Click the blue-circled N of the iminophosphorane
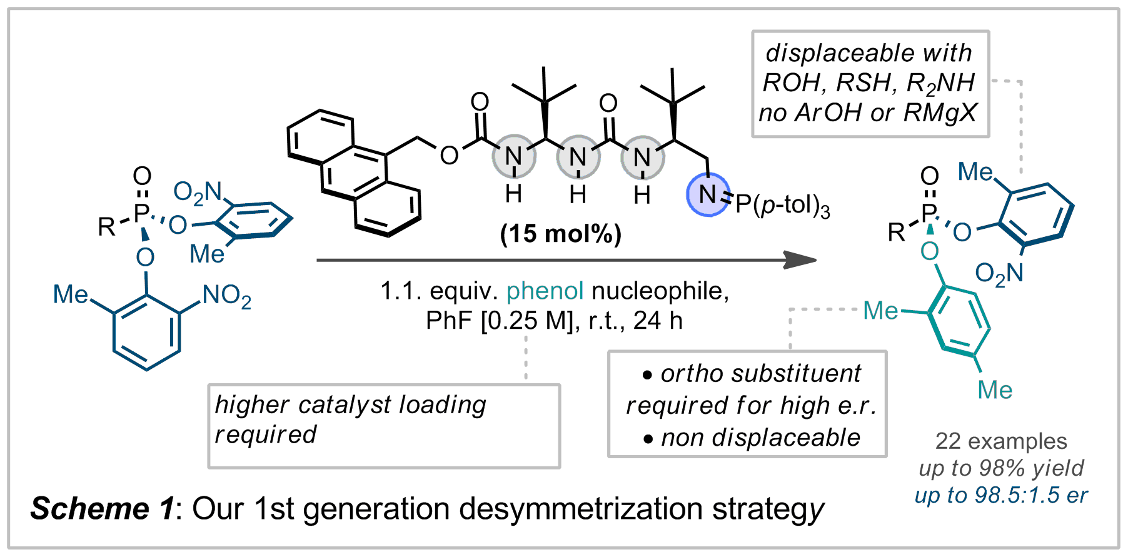coord(707,195)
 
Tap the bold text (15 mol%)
coord(561,234)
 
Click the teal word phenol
coord(545,291)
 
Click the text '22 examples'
coord(1000,441)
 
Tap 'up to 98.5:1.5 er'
coord(1000,495)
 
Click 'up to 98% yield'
coord(1000,468)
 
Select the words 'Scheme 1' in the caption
coord(102,509)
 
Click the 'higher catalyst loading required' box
coord(383,426)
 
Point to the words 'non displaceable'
coord(760,438)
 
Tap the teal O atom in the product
coord(929,251)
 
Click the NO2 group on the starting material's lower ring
coord(226,296)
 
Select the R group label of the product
coord(896,233)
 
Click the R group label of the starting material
coord(106,226)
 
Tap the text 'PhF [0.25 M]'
coord(499,321)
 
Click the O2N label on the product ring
coord(999,273)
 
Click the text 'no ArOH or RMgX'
coord(867,113)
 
